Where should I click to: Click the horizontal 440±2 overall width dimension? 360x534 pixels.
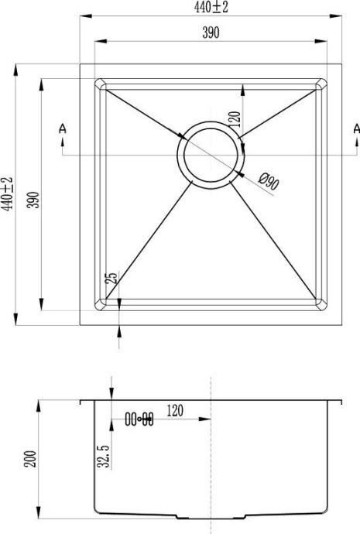coord(211,8)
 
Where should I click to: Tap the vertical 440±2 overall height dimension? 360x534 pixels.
coord(7,193)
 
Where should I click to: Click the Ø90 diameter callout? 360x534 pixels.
coord(268,183)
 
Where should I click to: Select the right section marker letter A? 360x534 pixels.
coord(355,128)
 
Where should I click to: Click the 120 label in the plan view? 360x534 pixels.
coord(235,118)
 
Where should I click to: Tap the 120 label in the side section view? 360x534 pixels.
coord(174,412)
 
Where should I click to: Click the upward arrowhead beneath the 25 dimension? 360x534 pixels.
coord(118,330)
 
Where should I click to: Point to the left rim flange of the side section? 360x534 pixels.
coord(87,402)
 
